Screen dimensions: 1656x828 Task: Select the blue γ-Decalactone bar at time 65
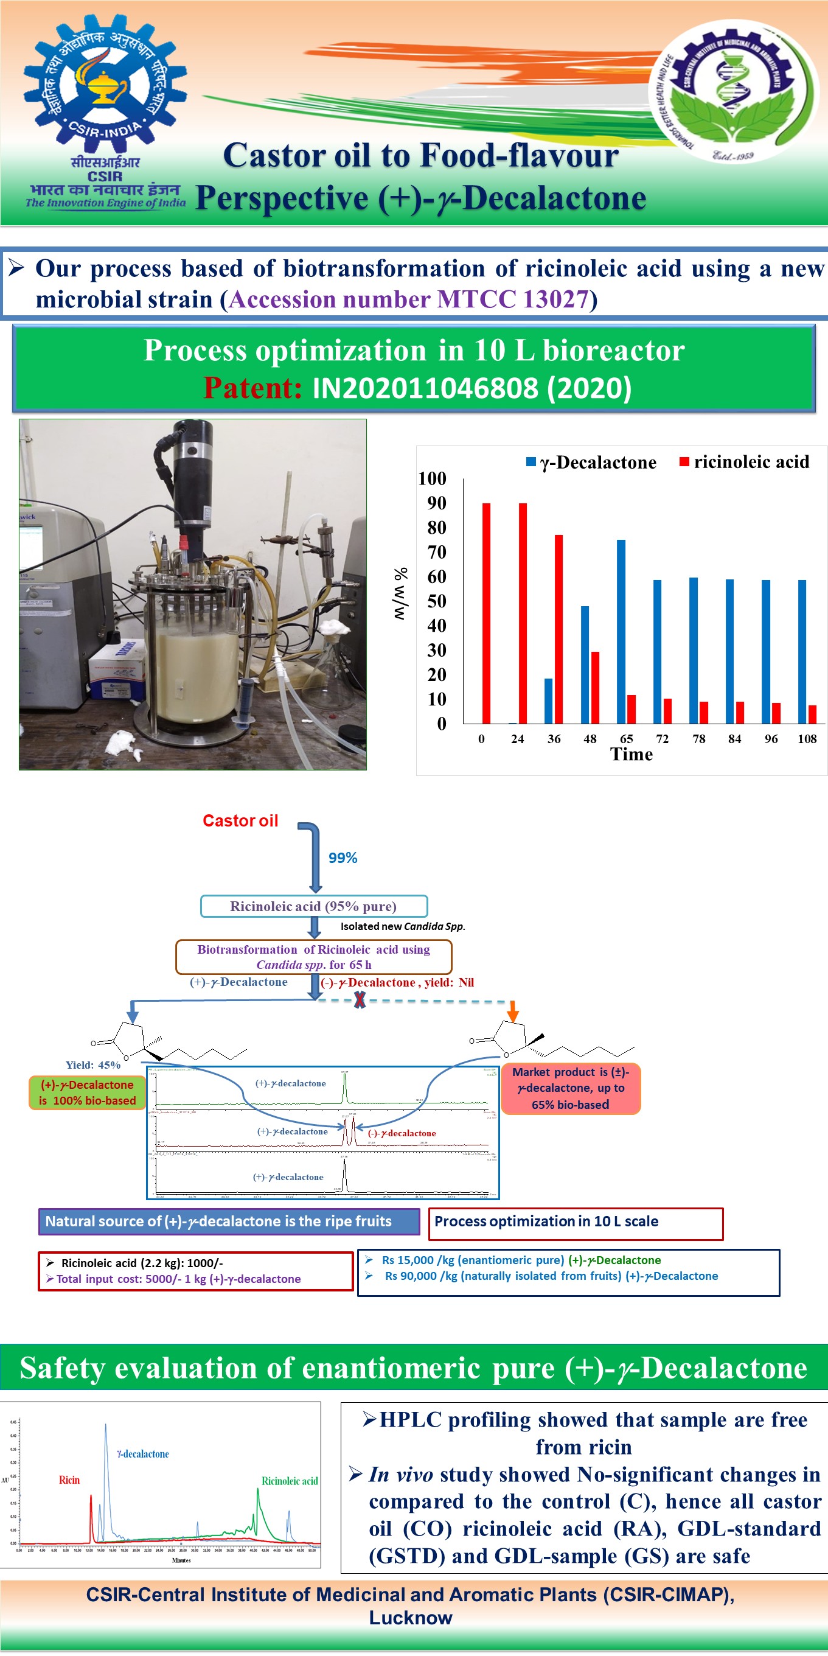pyautogui.click(x=621, y=631)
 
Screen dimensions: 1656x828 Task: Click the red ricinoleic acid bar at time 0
pyautogui.click(x=486, y=613)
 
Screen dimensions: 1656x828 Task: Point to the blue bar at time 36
pyautogui.click(x=548, y=700)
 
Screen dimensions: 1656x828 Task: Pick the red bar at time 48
pyautogui.click(x=595, y=687)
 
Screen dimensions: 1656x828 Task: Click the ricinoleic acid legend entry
pyautogui.click(x=744, y=461)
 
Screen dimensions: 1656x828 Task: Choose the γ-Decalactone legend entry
pyautogui.click(x=591, y=462)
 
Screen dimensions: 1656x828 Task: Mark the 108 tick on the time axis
pyautogui.click(x=807, y=739)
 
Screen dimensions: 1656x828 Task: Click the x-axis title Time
pyautogui.click(x=631, y=755)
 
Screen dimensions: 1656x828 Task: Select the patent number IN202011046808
pyautogui.click(x=471, y=388)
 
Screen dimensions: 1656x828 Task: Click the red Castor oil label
pyautogui.click(x=240, y=821)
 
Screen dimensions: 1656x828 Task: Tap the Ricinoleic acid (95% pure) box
pyautogui.click(x=314, y=906)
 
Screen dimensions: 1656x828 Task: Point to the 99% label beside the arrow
pyautogui.click(x=343, y=858)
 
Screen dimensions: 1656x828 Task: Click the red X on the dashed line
pyautogui.click(x=360, y=1000)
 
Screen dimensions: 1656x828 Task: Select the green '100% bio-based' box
pyautogui.click(x=87, y=1093)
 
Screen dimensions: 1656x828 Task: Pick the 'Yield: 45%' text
pyautogui.click(x=92, y=1065)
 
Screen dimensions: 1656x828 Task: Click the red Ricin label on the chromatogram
pyautogui.click(x=69, y=1480)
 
